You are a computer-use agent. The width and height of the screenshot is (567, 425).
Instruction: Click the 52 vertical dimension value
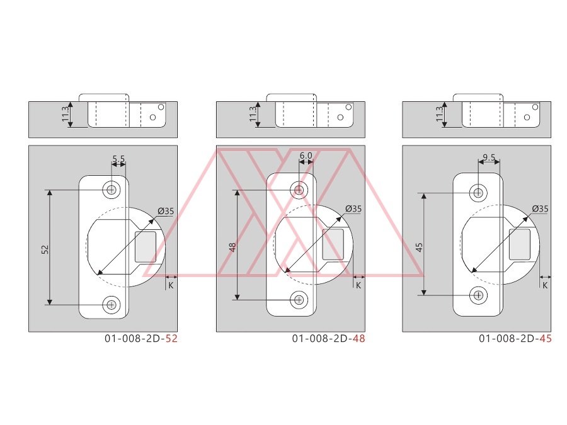click(45, 249)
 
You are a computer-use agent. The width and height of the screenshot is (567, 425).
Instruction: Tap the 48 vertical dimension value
click(232, 247)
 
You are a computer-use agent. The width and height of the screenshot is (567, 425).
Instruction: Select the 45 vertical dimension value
click(419, 247)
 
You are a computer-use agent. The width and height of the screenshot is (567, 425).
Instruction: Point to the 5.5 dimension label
click(118, 159)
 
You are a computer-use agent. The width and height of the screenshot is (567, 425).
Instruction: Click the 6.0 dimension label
click(306, 156)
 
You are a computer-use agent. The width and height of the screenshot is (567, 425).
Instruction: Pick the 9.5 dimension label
click(489, 157)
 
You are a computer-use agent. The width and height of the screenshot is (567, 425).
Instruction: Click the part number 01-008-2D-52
click(141, 338)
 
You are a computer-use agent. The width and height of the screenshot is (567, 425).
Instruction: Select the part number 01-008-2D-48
click(328, 338)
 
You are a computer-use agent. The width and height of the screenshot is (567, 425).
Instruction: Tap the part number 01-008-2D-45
click(515, 338)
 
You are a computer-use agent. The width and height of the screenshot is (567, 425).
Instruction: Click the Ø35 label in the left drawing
click(166, 211)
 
